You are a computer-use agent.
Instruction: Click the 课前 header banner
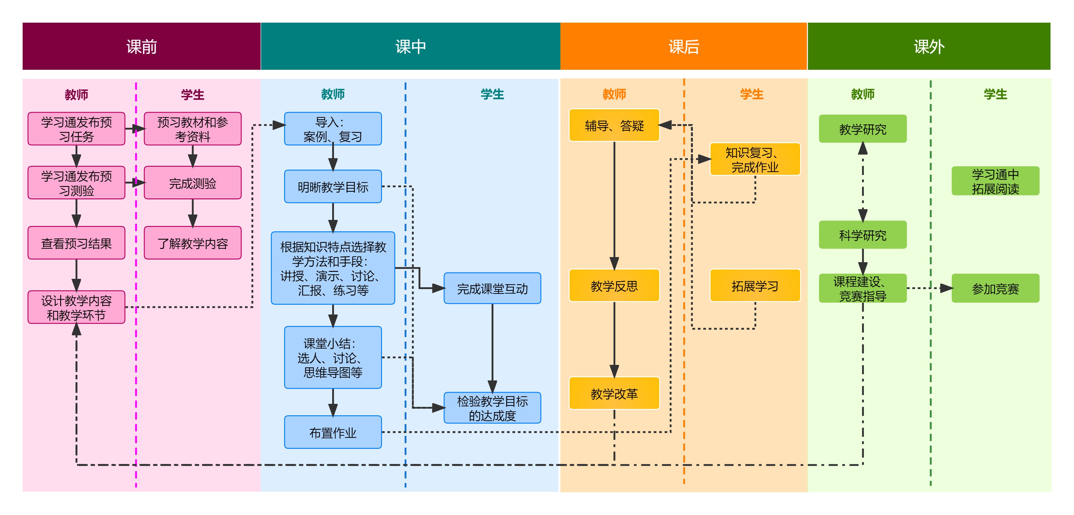click(141, 46)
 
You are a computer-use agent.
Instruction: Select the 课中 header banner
click(410, 46)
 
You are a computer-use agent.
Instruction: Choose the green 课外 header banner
click(929, 46)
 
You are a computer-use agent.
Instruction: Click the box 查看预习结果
click(76, 243)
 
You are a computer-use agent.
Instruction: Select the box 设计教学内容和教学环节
click(76, 307)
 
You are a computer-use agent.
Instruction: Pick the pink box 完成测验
click(193, 183)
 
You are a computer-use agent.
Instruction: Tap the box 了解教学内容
click(193, 243)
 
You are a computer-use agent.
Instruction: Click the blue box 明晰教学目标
click(333, 187)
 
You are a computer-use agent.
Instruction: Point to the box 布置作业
click(333, 433)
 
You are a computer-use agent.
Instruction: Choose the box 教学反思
click(614, 286)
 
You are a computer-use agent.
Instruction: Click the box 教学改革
click(614, 393)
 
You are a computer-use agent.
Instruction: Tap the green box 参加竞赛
click(995, 288)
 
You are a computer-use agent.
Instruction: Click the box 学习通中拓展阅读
click(995, 181)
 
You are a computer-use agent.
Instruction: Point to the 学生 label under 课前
click(193, 95)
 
